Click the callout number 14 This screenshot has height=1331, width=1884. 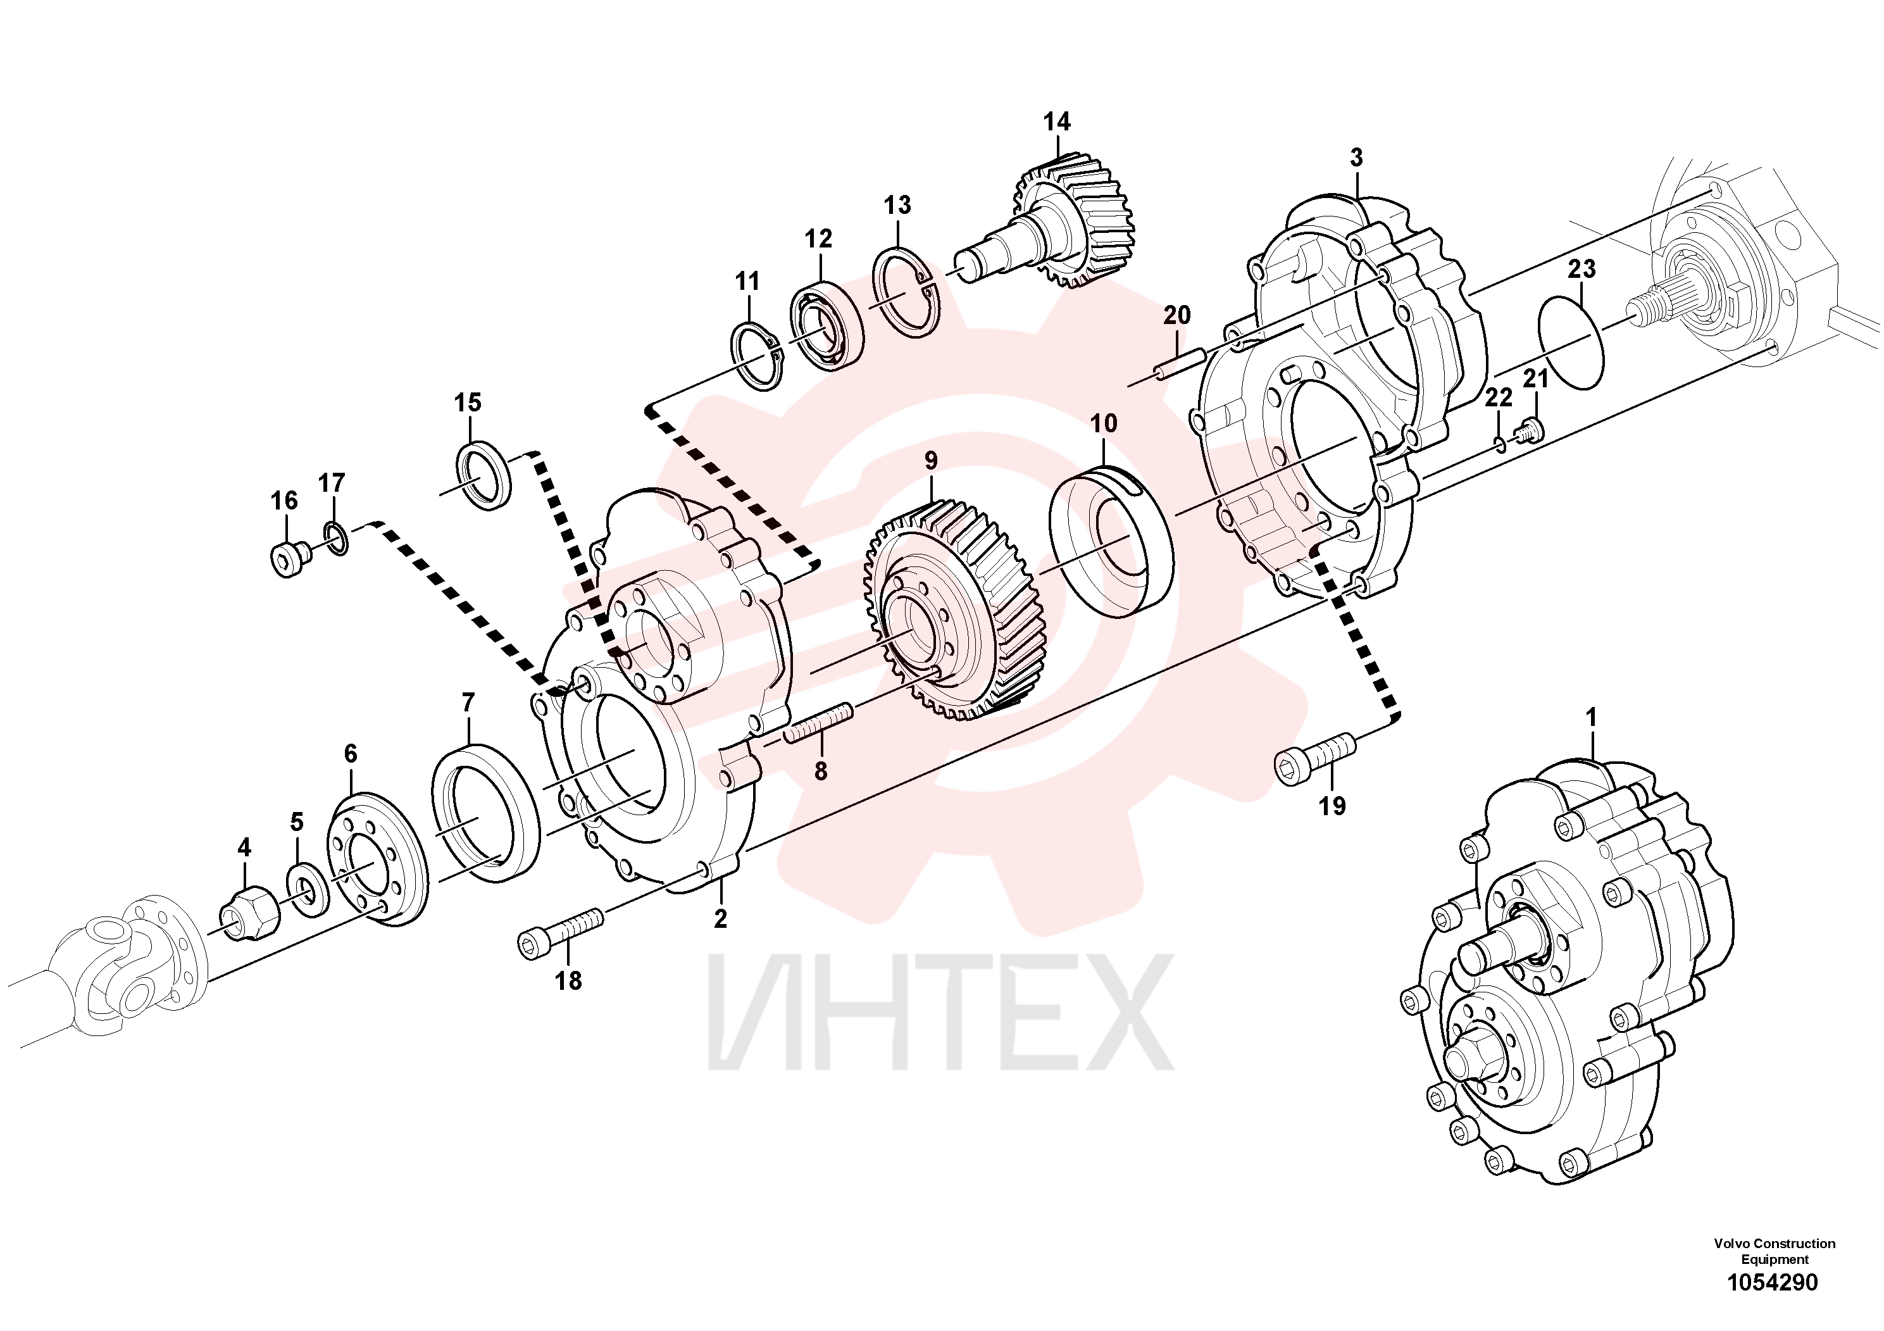[1057, 122]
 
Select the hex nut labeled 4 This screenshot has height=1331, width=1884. [249, 914]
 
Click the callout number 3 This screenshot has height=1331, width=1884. [1356, 157]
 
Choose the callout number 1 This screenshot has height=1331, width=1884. [1591, 717]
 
